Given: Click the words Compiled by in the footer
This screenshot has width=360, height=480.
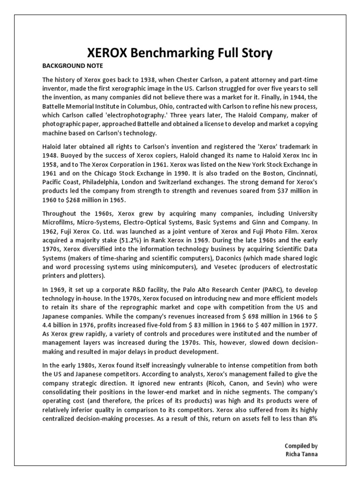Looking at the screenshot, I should pyautogui.click(x=301, y=446).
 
